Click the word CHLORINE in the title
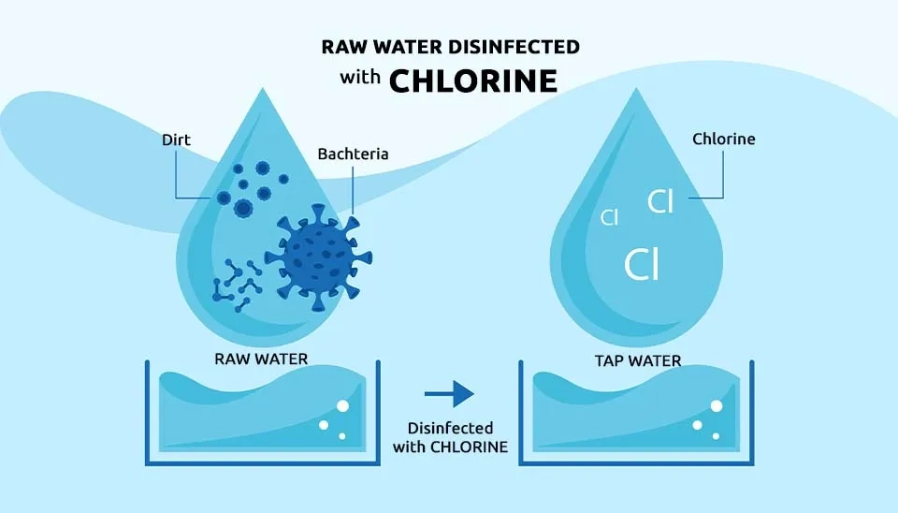point(472,81)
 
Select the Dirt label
point(176,140)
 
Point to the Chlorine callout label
point(723,139)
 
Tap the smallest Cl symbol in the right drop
point(609,218)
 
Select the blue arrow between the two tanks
point(450,393)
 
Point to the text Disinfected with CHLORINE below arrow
point(451,438)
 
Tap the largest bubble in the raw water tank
point(341,405)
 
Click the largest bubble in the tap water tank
point(717,405)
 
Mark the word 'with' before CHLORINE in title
point(360,81)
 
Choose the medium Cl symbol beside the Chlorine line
point(660,200)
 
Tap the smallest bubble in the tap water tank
point(717,435)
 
